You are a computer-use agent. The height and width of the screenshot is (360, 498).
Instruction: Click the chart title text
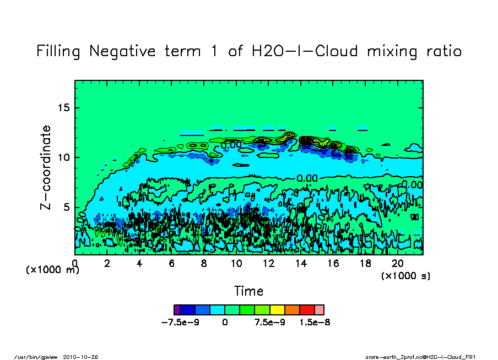tap(248, 51)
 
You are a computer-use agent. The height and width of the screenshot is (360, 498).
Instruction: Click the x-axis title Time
tap(248, 291)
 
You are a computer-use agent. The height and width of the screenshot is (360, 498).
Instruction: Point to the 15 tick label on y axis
tap(65, 107)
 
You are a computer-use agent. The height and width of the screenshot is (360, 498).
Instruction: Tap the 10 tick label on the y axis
tap(65, 157)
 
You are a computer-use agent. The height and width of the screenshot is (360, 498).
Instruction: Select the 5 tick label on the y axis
tap(68, 208)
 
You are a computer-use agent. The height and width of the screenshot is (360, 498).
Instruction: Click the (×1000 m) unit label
tap(53, 270)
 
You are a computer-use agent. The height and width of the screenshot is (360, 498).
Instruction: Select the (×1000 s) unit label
tap(406, 276)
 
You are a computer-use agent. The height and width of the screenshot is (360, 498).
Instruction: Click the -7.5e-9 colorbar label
tap(180, 323)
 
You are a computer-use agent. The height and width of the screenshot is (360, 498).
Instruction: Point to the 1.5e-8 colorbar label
tap(315, 323)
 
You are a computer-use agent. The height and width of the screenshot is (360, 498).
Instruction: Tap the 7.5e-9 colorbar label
tap(269, 323)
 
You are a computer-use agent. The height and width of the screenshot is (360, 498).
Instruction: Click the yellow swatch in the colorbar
tap(277, 309)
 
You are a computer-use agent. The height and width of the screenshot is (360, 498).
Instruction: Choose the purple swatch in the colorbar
tap(176, 309)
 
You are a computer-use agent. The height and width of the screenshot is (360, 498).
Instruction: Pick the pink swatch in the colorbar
tap(319, 309)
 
